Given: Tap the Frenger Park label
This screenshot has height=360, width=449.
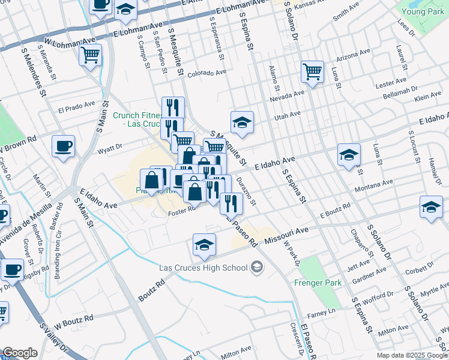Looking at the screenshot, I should click(318, 282).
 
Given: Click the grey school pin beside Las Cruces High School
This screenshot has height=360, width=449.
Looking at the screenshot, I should click(257, 266).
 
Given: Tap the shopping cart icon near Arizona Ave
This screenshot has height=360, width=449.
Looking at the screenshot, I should click(313, 72).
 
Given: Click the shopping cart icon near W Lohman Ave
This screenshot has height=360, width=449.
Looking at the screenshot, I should click(90, 56).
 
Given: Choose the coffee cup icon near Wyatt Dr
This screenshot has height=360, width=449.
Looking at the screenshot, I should click(63, 146).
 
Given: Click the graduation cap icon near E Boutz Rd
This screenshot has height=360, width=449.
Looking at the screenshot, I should click(431, 207).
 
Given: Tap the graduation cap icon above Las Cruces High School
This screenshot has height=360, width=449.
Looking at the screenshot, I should click(204, 245).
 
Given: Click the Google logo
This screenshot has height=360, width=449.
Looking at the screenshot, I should click(20, 353).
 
